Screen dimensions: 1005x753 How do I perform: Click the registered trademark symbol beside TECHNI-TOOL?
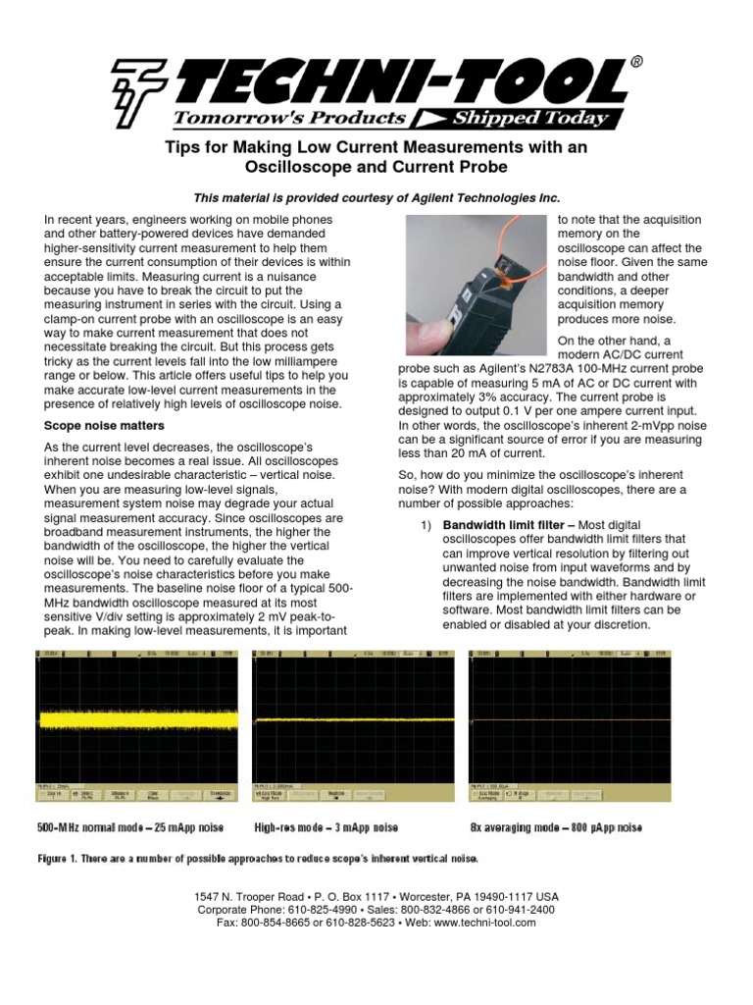coord(637,62)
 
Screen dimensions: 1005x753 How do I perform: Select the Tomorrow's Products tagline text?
coord(289,118)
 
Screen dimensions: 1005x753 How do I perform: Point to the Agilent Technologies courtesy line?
coord(376,198)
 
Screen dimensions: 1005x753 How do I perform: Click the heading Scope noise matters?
coord(105,426)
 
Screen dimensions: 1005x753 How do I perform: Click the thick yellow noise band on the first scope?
coord(137,720)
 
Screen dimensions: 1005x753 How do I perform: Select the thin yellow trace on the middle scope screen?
coord(353,720)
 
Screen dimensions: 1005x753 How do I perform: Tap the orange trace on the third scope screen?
coord(571,720)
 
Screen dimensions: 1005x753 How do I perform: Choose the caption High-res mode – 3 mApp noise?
coord(338,828)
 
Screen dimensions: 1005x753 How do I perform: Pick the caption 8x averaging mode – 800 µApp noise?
coord(556,828)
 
